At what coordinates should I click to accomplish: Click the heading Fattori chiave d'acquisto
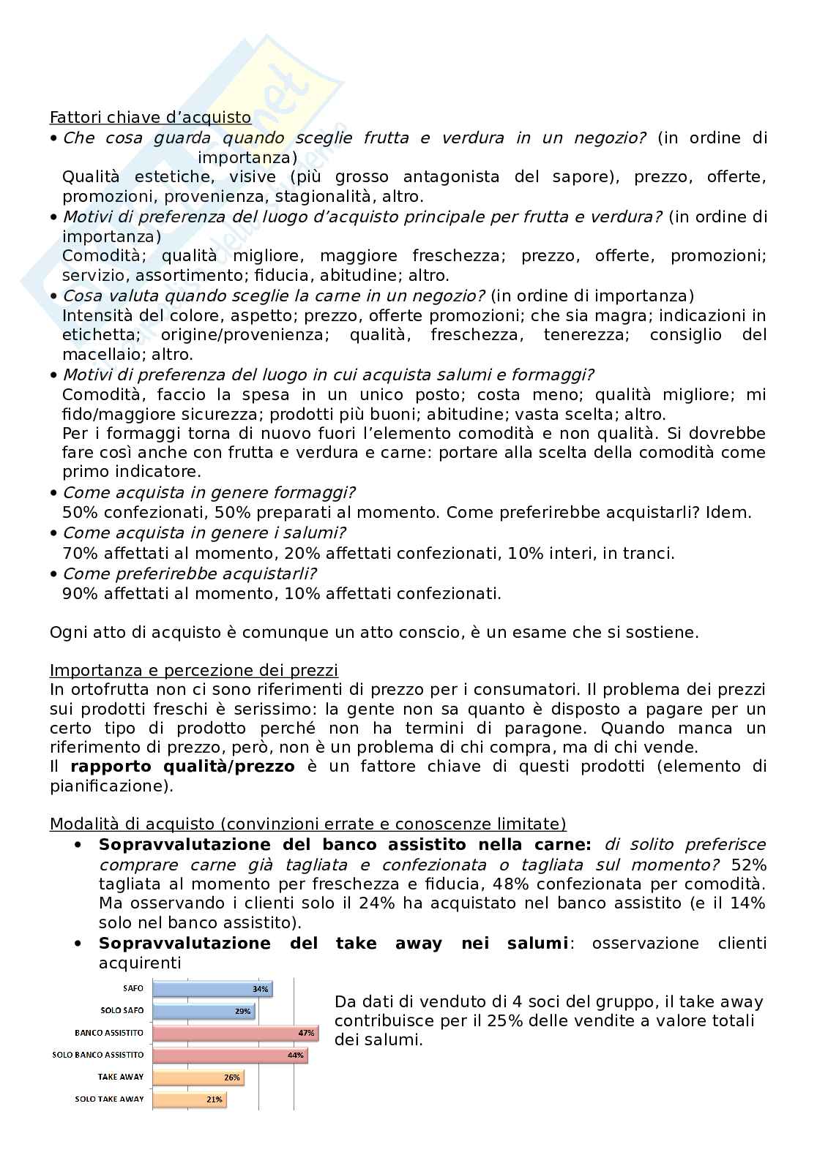150,117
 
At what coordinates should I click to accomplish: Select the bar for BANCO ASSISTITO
234,1033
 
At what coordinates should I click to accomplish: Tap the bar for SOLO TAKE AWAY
189,1099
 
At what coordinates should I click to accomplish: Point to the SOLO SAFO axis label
122,1011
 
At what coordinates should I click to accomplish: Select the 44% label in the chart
295,1056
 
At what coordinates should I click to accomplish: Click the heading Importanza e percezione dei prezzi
194,670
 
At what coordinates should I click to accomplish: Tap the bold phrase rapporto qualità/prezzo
182,766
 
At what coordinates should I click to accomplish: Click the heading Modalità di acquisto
307,824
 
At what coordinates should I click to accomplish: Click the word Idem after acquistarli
728,512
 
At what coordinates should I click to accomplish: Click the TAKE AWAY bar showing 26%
198,1077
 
